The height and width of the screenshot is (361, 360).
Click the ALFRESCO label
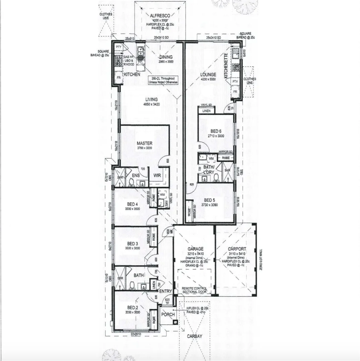pos(160,15)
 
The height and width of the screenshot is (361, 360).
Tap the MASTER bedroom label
pos(145,143)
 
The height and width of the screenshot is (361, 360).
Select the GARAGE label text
pos(195,249)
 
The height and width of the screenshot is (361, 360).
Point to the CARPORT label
pos(237,249)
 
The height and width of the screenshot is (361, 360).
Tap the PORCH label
pos(168,315)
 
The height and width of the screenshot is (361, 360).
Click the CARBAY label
pos(194,336)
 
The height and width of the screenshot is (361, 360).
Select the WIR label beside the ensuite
pos(158,175)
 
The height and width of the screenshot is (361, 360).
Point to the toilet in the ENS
pos(131,182)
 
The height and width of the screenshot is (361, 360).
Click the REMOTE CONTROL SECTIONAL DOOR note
pos(194,290)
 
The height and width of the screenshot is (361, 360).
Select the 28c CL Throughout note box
pos(164,80)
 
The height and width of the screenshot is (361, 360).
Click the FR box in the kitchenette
pos(235,91)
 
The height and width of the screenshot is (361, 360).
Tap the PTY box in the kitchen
pos(118,47)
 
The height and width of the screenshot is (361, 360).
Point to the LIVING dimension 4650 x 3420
pos(151,104)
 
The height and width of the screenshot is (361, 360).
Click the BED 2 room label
pos(132,308)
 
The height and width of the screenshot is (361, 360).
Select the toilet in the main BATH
pos(132,285)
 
